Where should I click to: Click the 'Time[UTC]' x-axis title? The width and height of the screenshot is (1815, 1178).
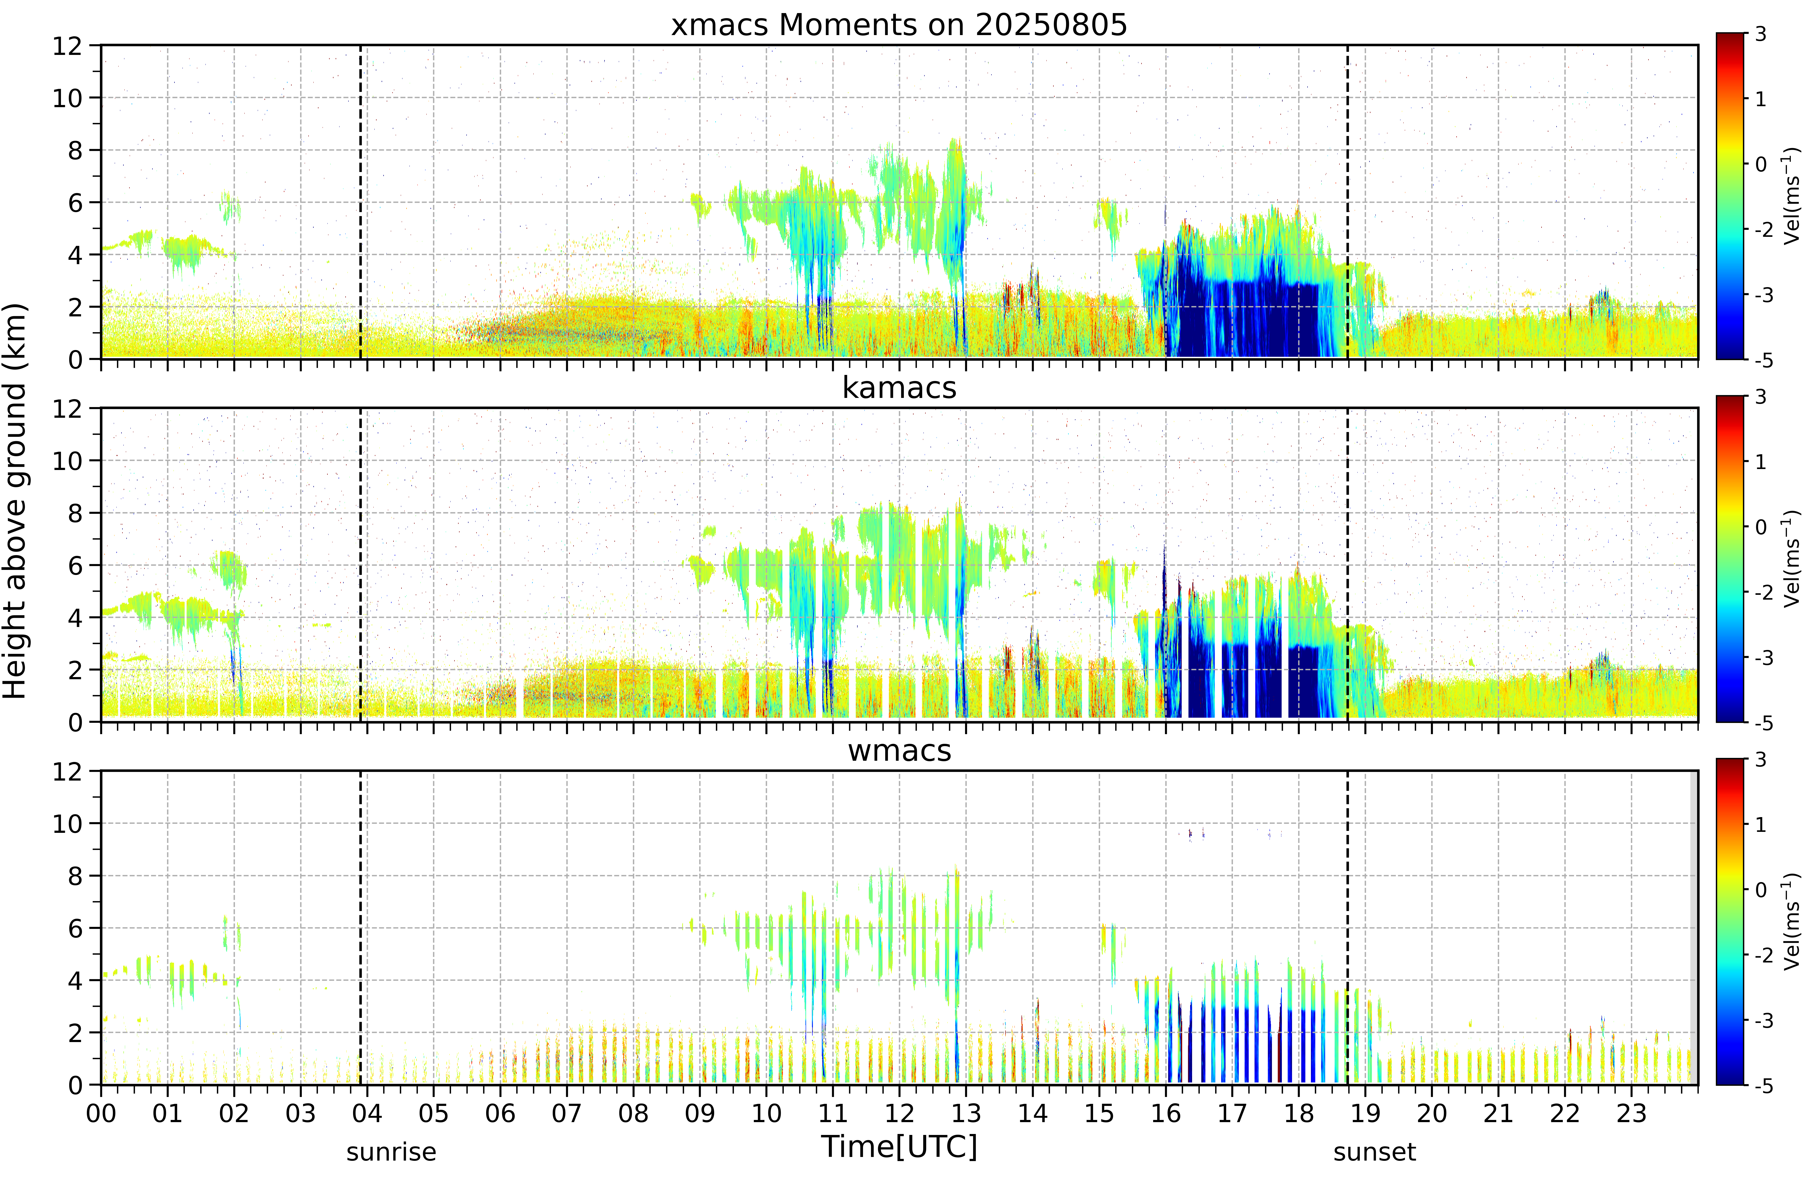(899, 1146)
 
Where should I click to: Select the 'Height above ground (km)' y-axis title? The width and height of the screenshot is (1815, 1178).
(15, 501)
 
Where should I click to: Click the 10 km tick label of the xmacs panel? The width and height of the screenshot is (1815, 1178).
(67, 97)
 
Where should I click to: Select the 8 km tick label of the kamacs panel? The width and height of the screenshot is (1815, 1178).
(75, 513)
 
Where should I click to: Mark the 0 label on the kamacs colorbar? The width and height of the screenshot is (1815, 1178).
(1760, 527)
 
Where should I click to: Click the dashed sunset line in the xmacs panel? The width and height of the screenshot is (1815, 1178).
(1347, 202)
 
